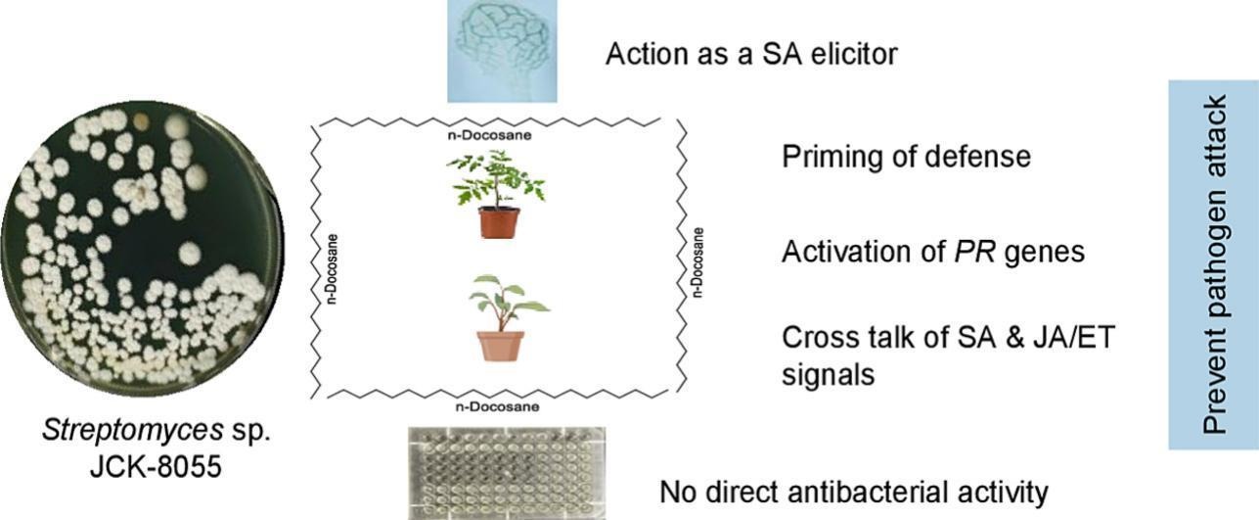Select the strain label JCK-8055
tap(151, 466)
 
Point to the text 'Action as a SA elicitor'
tap(750, 53)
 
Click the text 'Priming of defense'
tap(906, 156)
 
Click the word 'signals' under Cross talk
tap(828, 373)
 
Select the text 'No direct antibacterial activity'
tap(853, 491)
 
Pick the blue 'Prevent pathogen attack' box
tap(1213, 265)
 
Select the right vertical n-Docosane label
tap(697, 261)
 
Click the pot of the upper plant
tap(499, 222)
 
